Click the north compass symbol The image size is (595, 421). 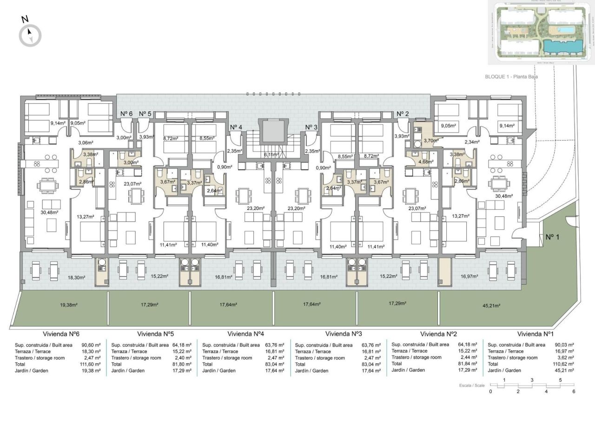coord(30,35)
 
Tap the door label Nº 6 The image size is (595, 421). coord(126,114)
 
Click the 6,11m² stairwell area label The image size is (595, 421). coord(271,155)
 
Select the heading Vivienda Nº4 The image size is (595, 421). coord(246,334)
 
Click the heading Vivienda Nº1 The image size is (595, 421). coord(535,334)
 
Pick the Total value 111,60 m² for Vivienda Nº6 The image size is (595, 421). coord(91,364)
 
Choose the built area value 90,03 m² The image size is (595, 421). coord(564,345)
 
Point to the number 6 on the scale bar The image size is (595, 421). coord(574,392)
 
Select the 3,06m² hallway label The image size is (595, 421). coord(86,143)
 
